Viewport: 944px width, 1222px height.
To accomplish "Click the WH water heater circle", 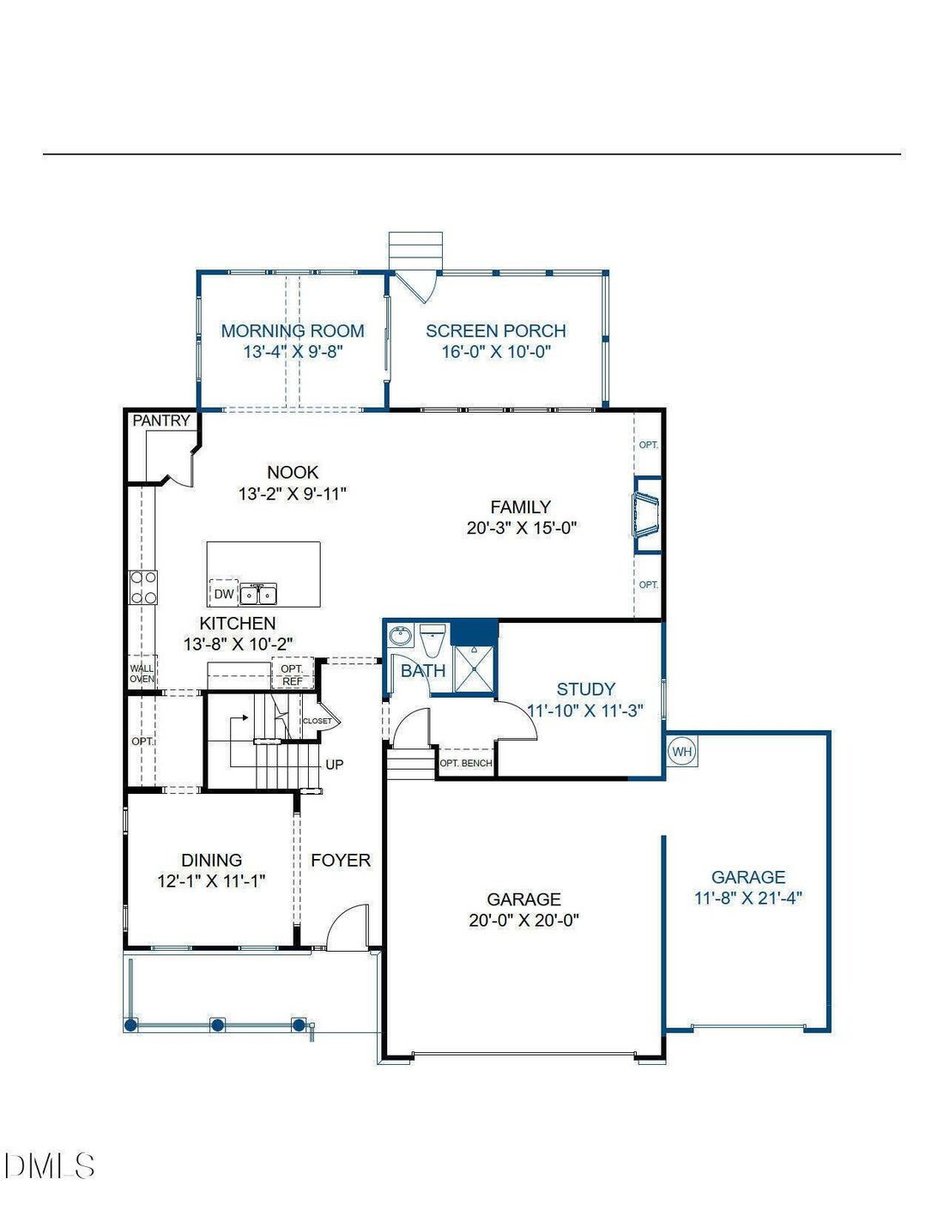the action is (682, 752).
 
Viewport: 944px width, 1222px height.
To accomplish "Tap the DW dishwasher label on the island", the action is (224, 594).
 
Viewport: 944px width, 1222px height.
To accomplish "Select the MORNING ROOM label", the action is (293, 330).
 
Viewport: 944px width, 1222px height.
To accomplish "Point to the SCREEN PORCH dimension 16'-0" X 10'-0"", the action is (496, 352).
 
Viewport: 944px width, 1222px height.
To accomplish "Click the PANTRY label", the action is (161, 420).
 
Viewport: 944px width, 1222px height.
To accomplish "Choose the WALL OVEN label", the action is (142, 674).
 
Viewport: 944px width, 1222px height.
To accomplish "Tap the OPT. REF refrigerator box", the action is (293, 673).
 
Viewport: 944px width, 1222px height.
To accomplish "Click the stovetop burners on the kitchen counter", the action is (143, 588).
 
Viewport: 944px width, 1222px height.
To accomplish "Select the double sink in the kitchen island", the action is (258, 595).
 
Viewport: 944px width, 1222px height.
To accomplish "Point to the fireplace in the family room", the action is (647, 516).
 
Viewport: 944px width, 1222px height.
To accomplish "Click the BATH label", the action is (423, 670).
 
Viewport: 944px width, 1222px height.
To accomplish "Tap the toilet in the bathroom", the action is (433, 639).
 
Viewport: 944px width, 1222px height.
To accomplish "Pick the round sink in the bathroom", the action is (400, 637).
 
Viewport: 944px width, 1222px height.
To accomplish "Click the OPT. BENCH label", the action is (465, 763).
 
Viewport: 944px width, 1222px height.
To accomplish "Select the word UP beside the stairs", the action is (335, 765).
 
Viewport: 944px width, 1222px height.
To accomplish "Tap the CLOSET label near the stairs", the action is (318, 721).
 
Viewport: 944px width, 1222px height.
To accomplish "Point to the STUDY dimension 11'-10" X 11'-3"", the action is (585, 711).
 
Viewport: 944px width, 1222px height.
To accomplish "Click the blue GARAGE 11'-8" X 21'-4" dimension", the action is (747, 898).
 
